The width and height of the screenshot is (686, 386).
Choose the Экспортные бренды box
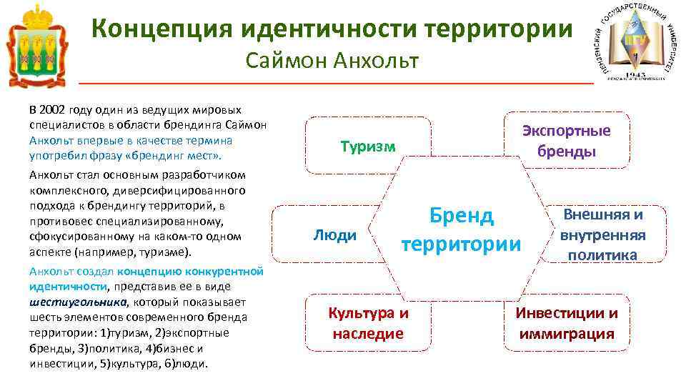pos(567,141)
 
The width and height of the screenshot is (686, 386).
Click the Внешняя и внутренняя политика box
pos(603,234)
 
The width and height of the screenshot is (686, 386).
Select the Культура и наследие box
pos(368,323)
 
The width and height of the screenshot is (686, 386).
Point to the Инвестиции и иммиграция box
pos(567,323)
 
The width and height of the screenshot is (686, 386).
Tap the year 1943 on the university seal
pos(635,74)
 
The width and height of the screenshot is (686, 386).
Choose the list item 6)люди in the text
pos(184,363)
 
